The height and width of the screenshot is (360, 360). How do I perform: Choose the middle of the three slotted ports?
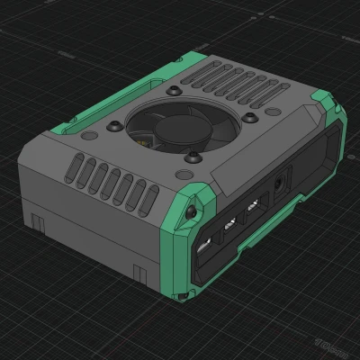229,224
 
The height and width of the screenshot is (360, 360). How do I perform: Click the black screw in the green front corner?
192,212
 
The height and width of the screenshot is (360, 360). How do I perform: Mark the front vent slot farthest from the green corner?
78,166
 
